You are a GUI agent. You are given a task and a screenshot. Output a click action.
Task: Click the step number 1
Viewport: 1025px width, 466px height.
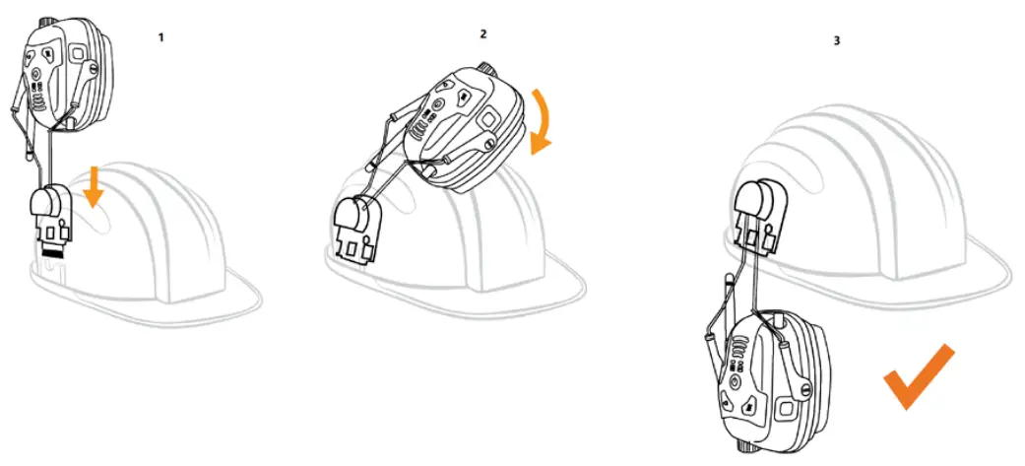tap(160, 36)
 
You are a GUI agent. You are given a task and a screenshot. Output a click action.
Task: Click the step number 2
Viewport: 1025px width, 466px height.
tap(482, 33)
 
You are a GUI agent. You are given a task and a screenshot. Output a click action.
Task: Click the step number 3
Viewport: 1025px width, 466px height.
tap(837, 42)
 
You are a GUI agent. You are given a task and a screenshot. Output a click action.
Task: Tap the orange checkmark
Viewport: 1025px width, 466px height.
tap(918, 375)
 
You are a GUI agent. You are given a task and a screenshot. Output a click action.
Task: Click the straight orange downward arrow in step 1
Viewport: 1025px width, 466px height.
tap(94, 187)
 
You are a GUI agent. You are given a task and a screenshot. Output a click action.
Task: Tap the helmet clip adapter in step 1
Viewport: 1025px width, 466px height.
tap(51, 219)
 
